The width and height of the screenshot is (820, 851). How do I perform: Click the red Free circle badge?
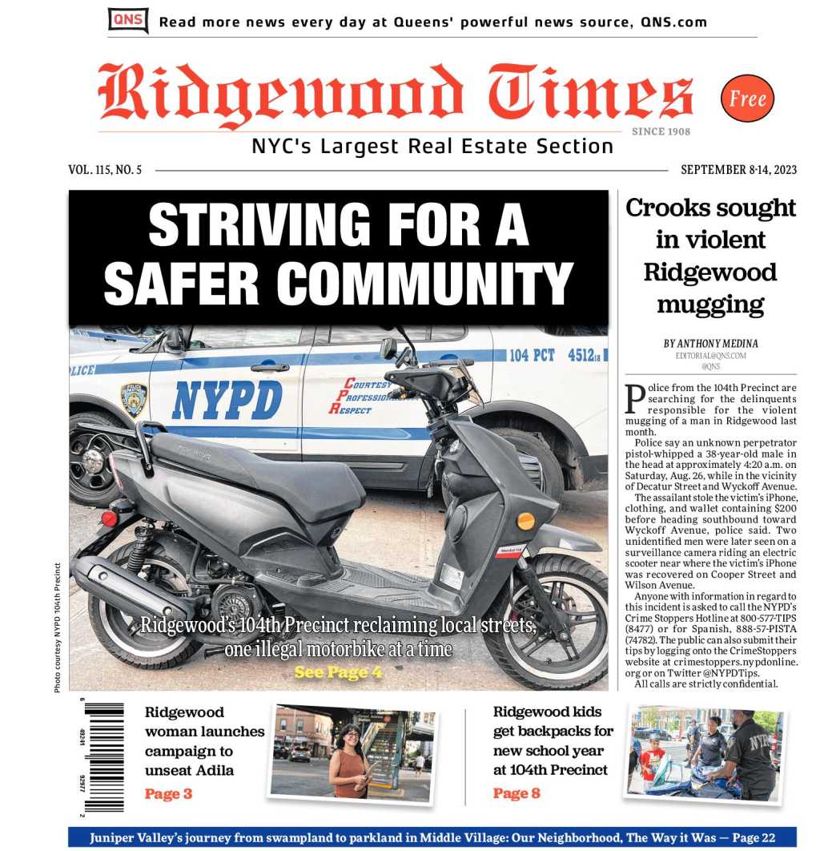(747, 99)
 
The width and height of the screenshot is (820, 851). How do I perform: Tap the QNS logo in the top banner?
(128, 20)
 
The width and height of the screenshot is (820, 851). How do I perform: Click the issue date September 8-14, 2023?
(738, 170)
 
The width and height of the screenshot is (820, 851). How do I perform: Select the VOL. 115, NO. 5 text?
(105, 170)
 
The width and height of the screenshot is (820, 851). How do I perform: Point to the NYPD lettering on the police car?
(227, 399)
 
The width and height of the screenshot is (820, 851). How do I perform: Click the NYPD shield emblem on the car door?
(134, 399)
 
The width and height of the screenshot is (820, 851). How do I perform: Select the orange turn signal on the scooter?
(525, 521)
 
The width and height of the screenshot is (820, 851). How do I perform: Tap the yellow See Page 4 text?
(338, 672)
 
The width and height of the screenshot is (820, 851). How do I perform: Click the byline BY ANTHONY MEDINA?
(710, 343)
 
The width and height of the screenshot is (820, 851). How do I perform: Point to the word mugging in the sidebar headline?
(710, 305)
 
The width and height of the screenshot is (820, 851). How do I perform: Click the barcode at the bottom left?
(105, 756)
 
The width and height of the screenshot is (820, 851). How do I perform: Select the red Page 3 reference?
(168, 794)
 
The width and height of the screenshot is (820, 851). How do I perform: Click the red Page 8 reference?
(517, 793)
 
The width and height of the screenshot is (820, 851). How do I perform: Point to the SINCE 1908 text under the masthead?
(661, 131)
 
